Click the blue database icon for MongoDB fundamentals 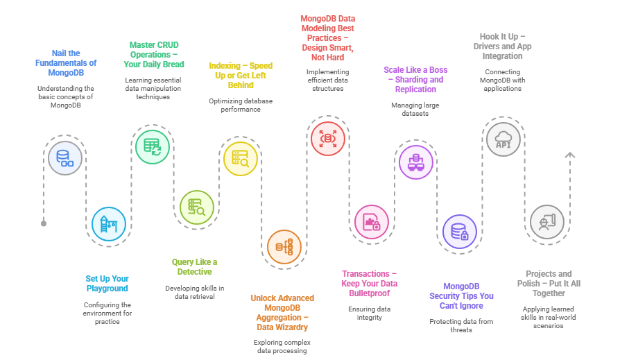point(64,157)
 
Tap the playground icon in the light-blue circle point(109,224)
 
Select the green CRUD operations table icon point(152,145)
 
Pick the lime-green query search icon point(197,206)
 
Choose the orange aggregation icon point(284,246)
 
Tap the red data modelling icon point(327,137)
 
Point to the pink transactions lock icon point(372,223)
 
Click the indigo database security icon point(459,232)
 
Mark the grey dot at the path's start point(44,223)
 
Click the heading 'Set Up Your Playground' point(107,283)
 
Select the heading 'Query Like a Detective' point(194,266)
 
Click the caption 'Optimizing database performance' point(240,105)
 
